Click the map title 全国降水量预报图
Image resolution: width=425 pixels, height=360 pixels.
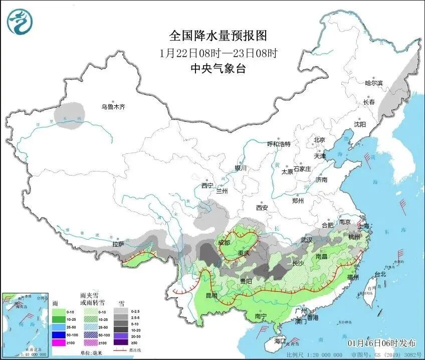218,36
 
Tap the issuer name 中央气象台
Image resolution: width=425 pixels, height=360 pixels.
218,69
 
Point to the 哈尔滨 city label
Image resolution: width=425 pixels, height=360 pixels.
373,83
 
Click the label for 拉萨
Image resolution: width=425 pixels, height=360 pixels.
118,244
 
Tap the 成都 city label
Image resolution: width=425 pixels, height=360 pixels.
225,243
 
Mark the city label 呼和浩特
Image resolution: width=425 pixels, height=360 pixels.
279,144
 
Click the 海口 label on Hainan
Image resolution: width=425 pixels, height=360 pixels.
280,341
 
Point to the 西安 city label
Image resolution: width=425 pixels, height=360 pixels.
262,208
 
